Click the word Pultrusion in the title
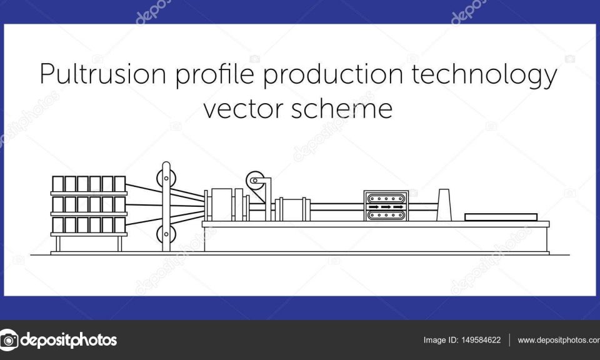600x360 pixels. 103,74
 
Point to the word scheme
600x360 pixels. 342,108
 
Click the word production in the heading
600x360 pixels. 333,74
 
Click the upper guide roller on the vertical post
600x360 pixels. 166,178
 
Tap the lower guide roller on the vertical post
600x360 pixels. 166,234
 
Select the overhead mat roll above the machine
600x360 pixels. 255,181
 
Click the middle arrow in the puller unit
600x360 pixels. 386,207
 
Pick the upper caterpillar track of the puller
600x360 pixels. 386,199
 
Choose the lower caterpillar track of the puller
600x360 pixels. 386,216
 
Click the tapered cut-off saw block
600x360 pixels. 444,205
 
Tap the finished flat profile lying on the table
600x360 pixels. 501,217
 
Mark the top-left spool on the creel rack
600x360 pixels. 57,184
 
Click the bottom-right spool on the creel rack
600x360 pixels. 120,225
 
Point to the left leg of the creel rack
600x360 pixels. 57,244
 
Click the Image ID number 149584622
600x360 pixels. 481,340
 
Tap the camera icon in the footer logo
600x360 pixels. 8,340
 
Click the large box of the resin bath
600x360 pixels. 222,204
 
